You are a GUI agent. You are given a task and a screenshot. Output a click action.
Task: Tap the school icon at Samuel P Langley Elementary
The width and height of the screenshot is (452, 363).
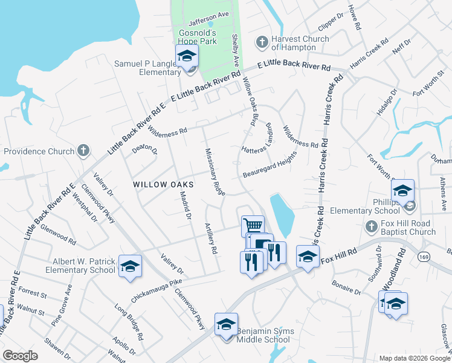(187, 56)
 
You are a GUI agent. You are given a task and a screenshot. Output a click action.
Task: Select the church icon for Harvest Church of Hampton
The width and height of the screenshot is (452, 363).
(262, 42)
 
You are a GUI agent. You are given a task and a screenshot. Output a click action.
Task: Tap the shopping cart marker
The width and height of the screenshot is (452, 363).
(253, 226)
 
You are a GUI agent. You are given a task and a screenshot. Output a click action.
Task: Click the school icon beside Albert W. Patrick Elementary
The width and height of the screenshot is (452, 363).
(130, 267)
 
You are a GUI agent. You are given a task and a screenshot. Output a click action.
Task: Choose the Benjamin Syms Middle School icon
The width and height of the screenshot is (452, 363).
(226, 325)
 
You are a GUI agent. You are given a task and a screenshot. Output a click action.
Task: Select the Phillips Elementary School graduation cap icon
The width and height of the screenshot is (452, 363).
(402, 191)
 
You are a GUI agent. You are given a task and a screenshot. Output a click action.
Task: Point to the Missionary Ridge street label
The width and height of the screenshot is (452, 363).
(216, 172)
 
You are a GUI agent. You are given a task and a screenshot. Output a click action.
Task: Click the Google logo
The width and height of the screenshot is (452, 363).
(20, 356)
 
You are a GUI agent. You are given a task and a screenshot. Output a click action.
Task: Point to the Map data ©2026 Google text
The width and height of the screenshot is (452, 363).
(414, 358)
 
